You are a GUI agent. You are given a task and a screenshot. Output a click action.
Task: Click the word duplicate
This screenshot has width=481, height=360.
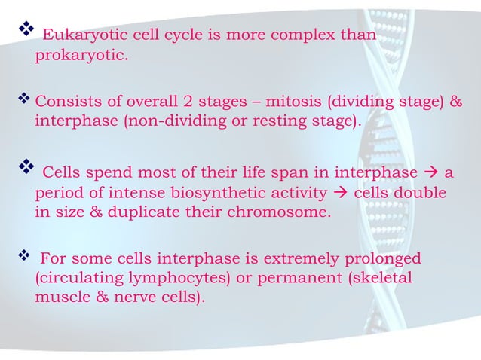point(143,212)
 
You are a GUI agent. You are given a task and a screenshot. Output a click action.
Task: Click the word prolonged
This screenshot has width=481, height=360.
point(384,259)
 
